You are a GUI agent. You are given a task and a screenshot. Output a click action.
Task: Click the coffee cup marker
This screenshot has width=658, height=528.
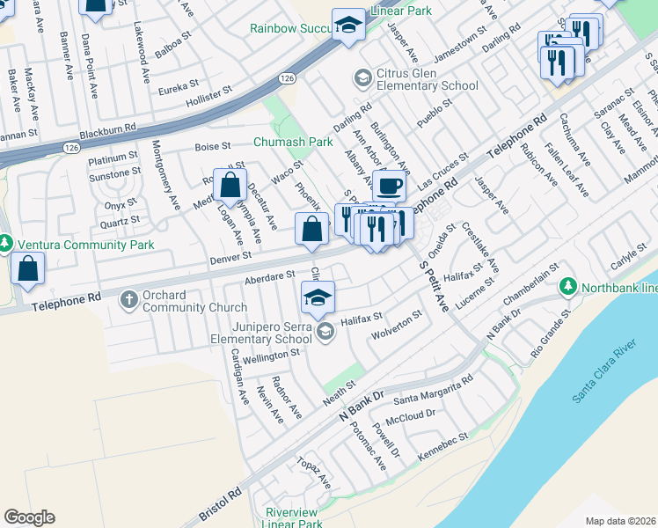pos(389,186)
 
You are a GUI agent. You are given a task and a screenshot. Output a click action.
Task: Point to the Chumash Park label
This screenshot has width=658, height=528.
pos(293,141)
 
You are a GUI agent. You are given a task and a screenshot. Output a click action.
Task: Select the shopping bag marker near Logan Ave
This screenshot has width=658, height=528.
pos(230,186)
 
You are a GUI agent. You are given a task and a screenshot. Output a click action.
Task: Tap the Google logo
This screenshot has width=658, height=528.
pos(29,517)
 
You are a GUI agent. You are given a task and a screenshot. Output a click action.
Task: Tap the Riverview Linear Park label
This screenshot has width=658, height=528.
pos(294,517)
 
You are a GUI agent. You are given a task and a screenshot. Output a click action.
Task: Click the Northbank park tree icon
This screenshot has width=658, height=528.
pos(567,287)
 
